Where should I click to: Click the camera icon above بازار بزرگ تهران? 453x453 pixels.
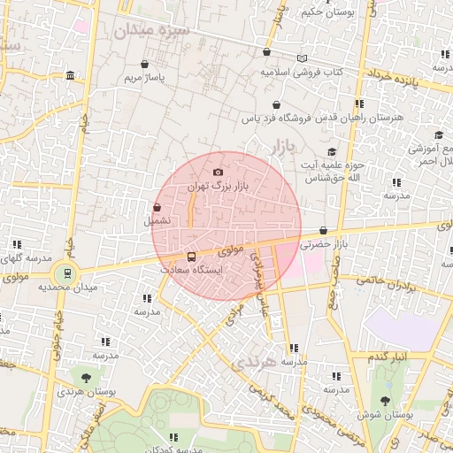tap(219, 172)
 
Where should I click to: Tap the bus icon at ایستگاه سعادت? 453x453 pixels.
tap(193, 256)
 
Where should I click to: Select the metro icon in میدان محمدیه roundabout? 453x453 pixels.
tap(64, 273)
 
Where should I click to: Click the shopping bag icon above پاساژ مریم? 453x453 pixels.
tap(144, 64)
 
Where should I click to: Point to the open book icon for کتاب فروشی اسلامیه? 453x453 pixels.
tap(303, 58)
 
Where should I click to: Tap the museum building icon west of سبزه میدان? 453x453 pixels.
tap(70, 78)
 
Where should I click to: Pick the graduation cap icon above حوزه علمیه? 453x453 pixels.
tap(332, 151)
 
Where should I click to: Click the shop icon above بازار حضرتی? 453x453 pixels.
tap(324, 230)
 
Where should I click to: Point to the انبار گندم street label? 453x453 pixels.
tap(388, 356)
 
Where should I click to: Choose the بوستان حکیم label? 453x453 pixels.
tap(322, 12)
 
